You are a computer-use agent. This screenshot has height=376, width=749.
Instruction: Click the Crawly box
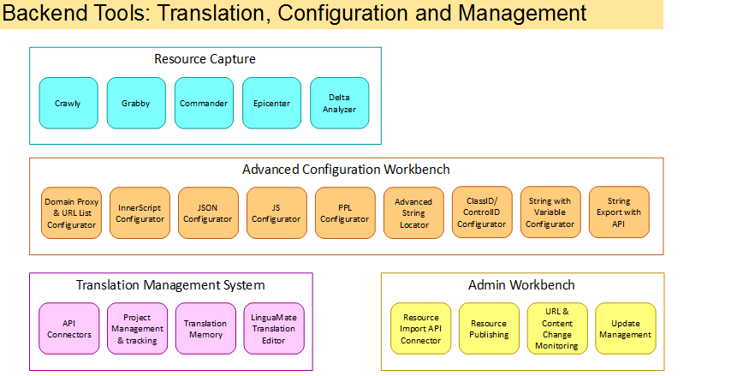pos(68,103)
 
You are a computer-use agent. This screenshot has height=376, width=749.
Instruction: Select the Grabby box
pos(136,103)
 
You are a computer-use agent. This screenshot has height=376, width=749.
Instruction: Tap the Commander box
pos(204,103)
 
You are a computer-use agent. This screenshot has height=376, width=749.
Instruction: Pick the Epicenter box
pos(272,103)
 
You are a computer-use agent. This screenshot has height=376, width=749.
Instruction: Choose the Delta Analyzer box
pos(340,103)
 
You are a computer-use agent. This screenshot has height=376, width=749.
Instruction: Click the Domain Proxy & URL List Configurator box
pos(72,213)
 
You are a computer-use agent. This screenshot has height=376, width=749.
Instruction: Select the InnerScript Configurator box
pos(140,213)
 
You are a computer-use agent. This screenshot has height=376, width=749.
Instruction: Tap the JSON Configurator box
pos(208,213)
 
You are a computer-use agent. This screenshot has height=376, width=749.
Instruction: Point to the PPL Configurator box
pos(345,213)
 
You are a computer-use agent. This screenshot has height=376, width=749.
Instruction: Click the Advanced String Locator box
pos(413,213)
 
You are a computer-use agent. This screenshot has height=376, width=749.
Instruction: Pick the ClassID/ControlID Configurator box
pos(482,212)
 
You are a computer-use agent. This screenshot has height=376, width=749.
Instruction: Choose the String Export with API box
pos(619,212)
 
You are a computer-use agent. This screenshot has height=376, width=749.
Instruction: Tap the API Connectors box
pos(69,329)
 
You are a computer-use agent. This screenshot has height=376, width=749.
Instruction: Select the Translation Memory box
pos(206,329)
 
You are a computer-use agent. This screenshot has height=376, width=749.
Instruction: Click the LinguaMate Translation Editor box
pos(274,329)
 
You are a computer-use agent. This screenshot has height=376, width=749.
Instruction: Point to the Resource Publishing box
pos(489,329)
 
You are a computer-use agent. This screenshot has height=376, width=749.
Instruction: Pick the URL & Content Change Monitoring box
pos(557,329)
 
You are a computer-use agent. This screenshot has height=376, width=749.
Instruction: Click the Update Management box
pos(626,329)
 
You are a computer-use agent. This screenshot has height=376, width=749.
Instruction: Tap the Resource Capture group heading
pos(205,59)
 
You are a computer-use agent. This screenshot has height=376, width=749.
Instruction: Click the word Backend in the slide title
pos(46,13)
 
